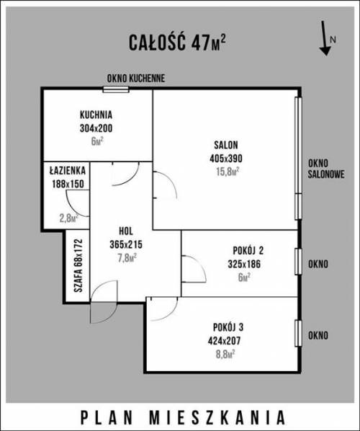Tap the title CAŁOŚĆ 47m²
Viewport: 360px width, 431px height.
point(177,43)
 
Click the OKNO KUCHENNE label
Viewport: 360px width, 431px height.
point(136,79)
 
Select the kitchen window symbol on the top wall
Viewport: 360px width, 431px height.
point(116,89)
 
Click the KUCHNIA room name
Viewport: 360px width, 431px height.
point(96,115)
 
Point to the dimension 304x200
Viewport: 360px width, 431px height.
point(96,128)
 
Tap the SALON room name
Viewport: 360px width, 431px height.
point(226,145)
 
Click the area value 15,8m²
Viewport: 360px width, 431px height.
point(228,172)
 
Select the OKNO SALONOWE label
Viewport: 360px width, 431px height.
point(326,169)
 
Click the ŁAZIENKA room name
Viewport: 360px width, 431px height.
point(68,171)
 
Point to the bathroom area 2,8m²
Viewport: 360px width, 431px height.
point(69,218)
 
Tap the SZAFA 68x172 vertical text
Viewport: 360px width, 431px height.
point(78,265)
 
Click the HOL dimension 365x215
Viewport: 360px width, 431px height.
point(126,244)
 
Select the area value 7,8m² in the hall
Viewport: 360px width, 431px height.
point(127,258)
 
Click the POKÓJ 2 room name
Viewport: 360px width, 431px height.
point(248,251)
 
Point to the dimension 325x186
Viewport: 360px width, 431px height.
point(244,265)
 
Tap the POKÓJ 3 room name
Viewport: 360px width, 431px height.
point(228,327)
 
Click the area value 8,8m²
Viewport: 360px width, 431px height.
point(225,355)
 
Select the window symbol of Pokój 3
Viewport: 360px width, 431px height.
point(298,333)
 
